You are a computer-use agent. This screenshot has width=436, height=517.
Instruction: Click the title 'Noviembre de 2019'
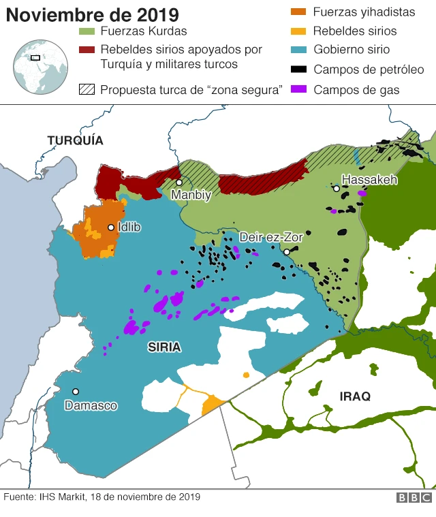(93, 14)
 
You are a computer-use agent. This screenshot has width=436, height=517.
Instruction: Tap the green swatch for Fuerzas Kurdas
(87, 31)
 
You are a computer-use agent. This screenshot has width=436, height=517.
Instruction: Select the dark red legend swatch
(87, 50)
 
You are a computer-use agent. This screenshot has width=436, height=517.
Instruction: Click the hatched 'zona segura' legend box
(87, 90)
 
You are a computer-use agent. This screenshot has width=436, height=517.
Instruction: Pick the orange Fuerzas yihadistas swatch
(298, 12)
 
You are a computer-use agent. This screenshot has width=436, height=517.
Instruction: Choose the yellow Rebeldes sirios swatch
(298, 31)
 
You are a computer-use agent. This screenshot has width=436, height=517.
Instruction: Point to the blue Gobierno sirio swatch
(298, 50)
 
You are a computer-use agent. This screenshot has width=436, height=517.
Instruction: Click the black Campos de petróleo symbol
(298, 69)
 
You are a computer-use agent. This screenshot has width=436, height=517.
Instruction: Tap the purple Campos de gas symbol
(298, 89)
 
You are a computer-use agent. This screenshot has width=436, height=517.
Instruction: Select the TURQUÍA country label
(75, 140)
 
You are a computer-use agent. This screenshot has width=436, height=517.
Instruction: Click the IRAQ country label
(354, 396)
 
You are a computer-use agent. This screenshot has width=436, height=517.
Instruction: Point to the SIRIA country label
(164, 347)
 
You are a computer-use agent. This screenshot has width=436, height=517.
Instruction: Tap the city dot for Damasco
(76, 392)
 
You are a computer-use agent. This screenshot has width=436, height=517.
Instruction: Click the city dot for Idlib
(110, 228)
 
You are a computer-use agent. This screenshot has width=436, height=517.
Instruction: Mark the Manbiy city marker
(179, 183)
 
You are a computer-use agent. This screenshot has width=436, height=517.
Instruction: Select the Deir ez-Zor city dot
(287, 252)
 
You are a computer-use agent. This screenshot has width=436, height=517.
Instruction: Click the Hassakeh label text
(369, 180)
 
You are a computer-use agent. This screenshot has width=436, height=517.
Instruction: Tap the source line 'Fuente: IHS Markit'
(102, 497)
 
